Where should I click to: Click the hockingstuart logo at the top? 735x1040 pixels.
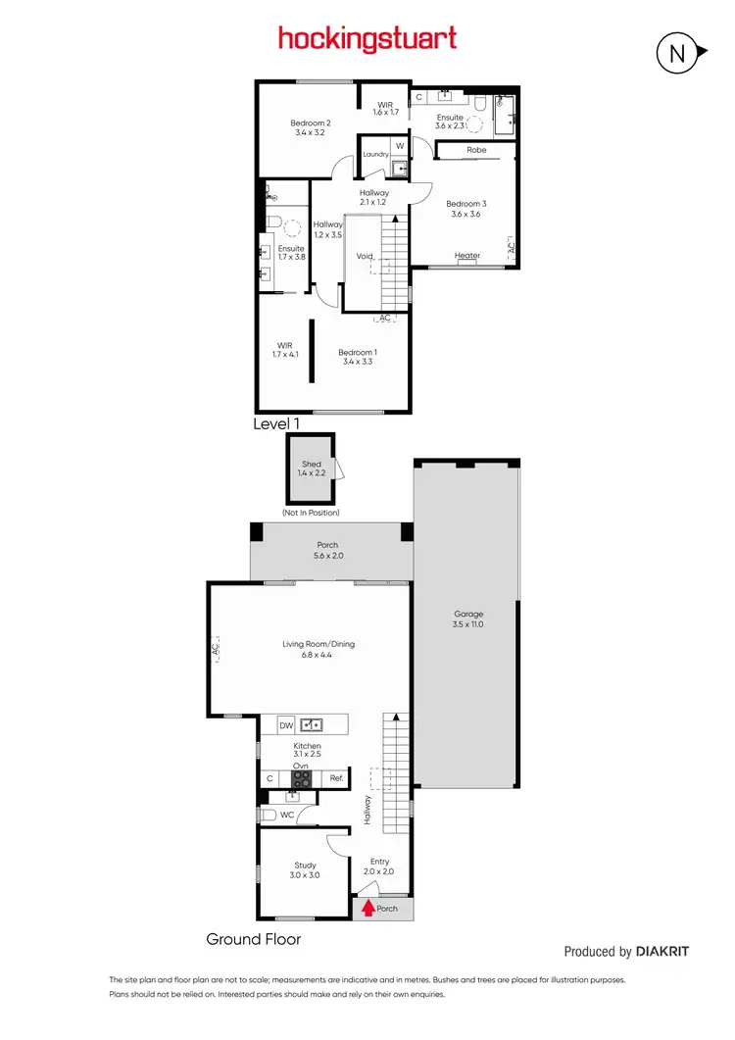[367, 39]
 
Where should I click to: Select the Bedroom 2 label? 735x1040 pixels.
[310, 123]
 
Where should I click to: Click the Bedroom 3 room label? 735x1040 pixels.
[466, 204]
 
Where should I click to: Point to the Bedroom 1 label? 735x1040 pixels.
[358, 352]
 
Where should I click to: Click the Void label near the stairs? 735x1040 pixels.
[365, 256]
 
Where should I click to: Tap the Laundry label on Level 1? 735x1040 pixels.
[376, 155]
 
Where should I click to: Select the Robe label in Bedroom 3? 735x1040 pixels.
[476, 150]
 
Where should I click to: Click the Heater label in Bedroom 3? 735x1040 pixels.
[467, 256]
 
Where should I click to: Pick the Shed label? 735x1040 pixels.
[311, 464]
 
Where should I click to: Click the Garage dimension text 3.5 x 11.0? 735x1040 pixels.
[468, 624]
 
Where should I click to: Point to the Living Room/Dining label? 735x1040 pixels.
[318, 644]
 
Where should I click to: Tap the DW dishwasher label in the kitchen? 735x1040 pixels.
[286, 725]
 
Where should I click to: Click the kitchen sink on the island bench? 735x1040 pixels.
[314, 725]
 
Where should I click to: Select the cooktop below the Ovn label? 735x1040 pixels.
[303, 779]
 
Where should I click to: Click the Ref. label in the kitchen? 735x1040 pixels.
[335, 779]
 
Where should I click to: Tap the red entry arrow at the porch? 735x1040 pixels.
[368, 909]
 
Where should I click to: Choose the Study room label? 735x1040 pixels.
[306, 866]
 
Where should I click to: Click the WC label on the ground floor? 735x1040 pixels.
[287, 815]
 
